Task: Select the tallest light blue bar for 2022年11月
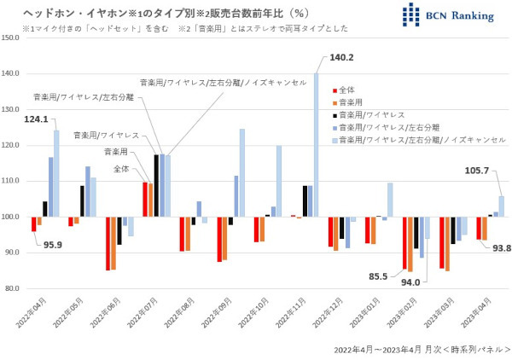(317, 145)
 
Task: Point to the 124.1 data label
(37, 119)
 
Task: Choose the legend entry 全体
(347, 89)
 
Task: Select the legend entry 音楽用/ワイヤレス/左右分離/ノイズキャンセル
(422, 138)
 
